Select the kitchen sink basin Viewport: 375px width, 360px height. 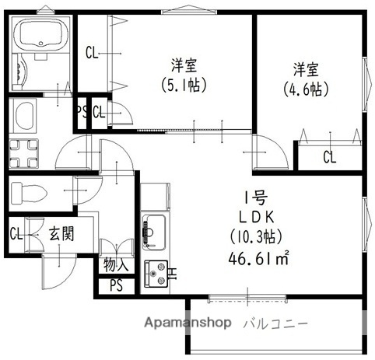[152, 230]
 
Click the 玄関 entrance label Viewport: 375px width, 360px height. [61, 232]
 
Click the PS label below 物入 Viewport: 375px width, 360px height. [116, 285]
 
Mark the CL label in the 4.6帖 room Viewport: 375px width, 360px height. [330, 158]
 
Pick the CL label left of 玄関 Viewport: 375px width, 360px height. [16, 232]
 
